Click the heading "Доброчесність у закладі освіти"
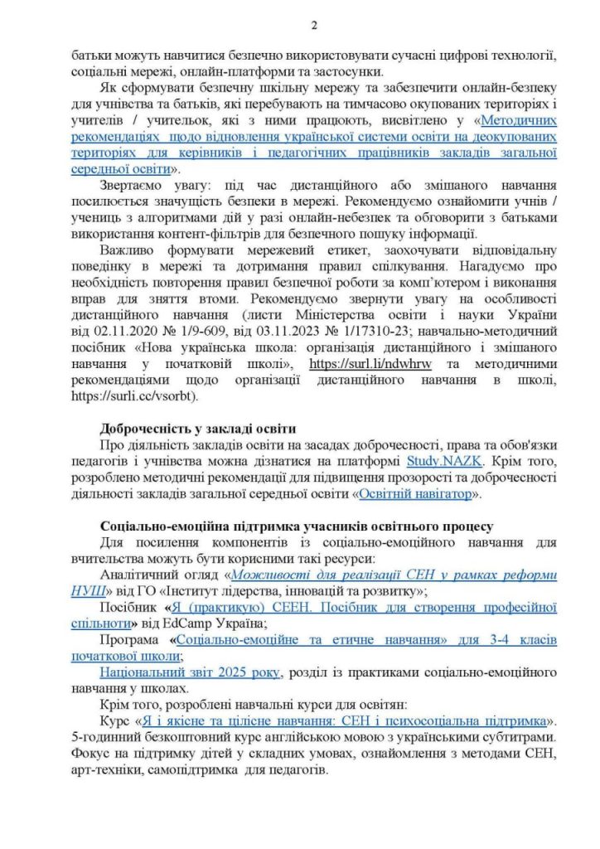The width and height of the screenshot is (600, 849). click(197, 429)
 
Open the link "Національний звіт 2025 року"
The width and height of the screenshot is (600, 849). click(190, 671)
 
